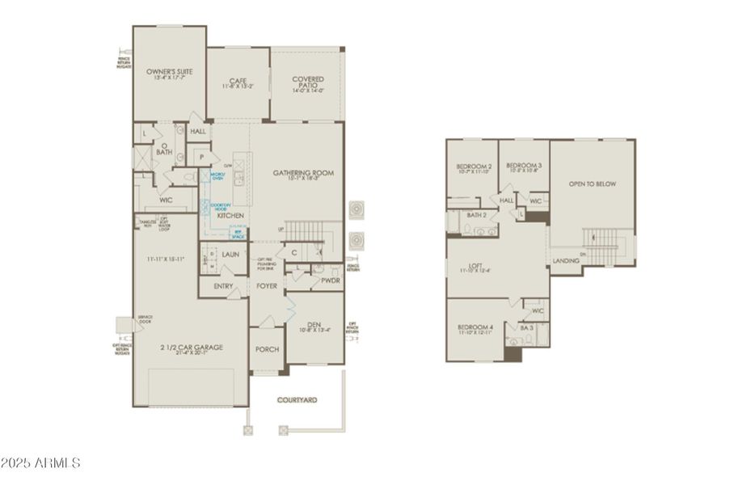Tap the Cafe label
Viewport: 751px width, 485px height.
(238, 80)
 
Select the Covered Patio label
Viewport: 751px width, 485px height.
(308, 80)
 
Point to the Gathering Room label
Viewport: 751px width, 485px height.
(303, 173)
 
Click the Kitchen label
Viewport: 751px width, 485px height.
(230, 216)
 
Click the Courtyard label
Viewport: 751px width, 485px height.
(297, 399)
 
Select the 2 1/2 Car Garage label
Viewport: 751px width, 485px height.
(191, 348)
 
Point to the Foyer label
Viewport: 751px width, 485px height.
(268, 285)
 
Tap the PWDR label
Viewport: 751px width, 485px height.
(330, 280)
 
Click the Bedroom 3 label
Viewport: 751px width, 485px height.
(524, 166)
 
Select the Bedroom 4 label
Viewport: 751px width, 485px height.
(475, 327)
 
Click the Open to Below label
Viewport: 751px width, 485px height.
(592, 184)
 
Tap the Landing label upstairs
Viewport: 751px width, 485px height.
(565, 261)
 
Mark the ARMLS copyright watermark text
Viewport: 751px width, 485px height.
(40, 463)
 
